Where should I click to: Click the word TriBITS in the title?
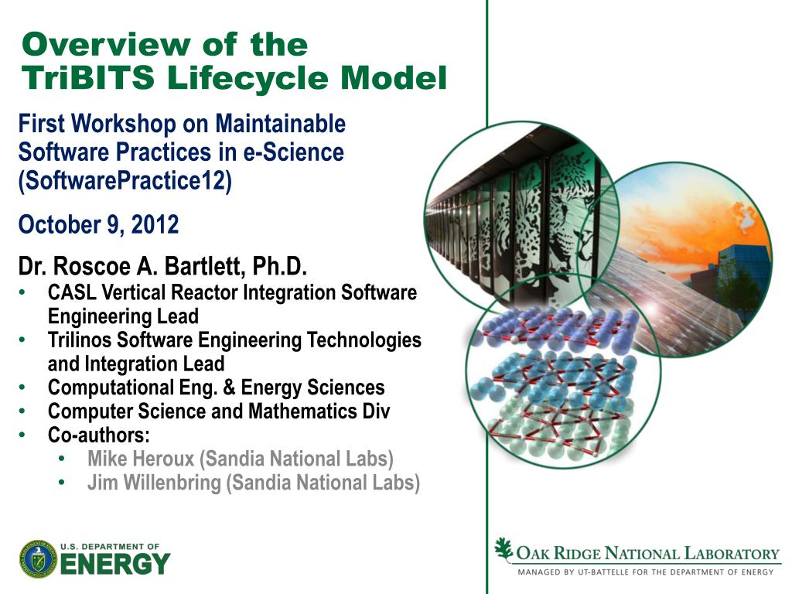[x=88, y=78]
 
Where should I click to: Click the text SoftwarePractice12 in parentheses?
[x=125, y=180]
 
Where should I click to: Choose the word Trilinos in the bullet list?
[x=80, y=340]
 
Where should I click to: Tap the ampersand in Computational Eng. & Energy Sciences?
[x=229, y=387]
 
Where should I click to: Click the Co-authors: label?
[x=98, y=435]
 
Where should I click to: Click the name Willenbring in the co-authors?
[x=172, y=483]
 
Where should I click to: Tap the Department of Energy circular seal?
[x=39, y=559]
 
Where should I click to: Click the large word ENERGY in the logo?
[x=115, y=564]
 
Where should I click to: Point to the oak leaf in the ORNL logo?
[x=503, y=549]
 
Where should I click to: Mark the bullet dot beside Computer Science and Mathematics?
[x=22, y=411]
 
